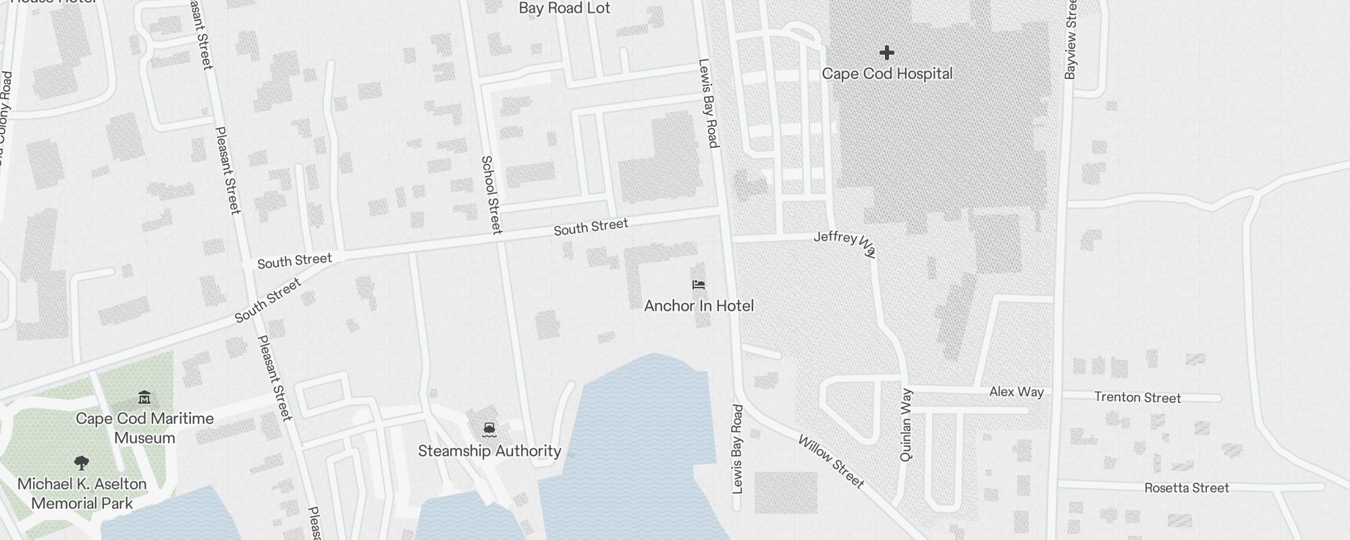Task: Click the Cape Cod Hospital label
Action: click(887, 74)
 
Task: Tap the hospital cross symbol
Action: click(887, 53)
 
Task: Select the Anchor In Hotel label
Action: click(699, 306)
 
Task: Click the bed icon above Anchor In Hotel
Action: click(699, 286)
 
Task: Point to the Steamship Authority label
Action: click(489, 451)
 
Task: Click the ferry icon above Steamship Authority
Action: click(489, 429)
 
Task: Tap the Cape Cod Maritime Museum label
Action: click(144, 428)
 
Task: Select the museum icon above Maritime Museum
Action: click(144, 397)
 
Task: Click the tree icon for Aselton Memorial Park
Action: click(82, 463)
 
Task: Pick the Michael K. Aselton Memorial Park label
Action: click(82, 493)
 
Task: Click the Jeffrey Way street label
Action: click(845, 242)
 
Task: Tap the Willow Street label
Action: click(831, 462)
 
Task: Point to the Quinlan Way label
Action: click(906, 425)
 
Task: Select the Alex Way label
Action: click(1016, 391)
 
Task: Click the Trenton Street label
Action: click(1137, 398)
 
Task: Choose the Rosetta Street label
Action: click(1187, 488)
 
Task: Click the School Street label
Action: click(491, 195)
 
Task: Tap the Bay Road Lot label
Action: click(564, 8)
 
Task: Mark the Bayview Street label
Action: click(1071, 39)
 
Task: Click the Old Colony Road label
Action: click(4, 115)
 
